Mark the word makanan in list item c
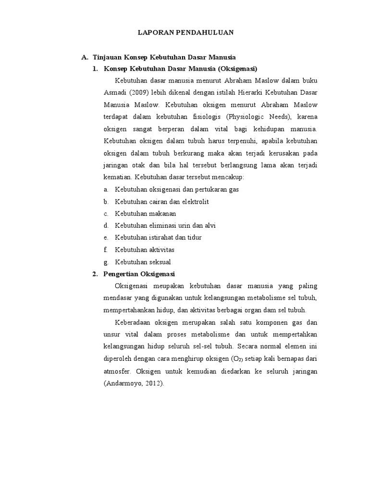point(162,213)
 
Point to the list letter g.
point(106,262)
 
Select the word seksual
point(160,262)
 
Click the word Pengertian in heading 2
point(121,274)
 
